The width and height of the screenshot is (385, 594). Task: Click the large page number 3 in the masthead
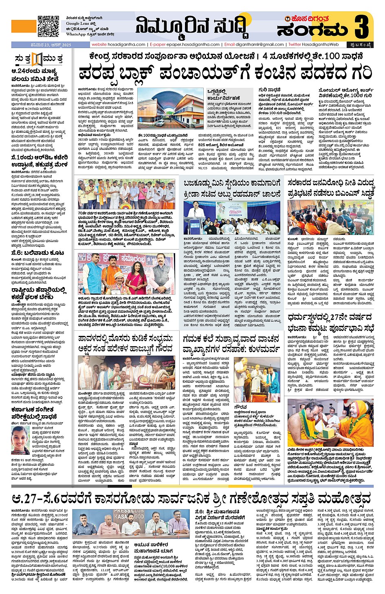click(363, 26)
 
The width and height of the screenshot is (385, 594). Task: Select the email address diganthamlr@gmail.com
click(260, 44)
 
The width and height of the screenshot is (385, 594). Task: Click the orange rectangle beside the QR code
click(23, 26)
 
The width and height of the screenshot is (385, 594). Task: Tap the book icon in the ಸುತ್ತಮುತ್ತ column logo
click(38, 59)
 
